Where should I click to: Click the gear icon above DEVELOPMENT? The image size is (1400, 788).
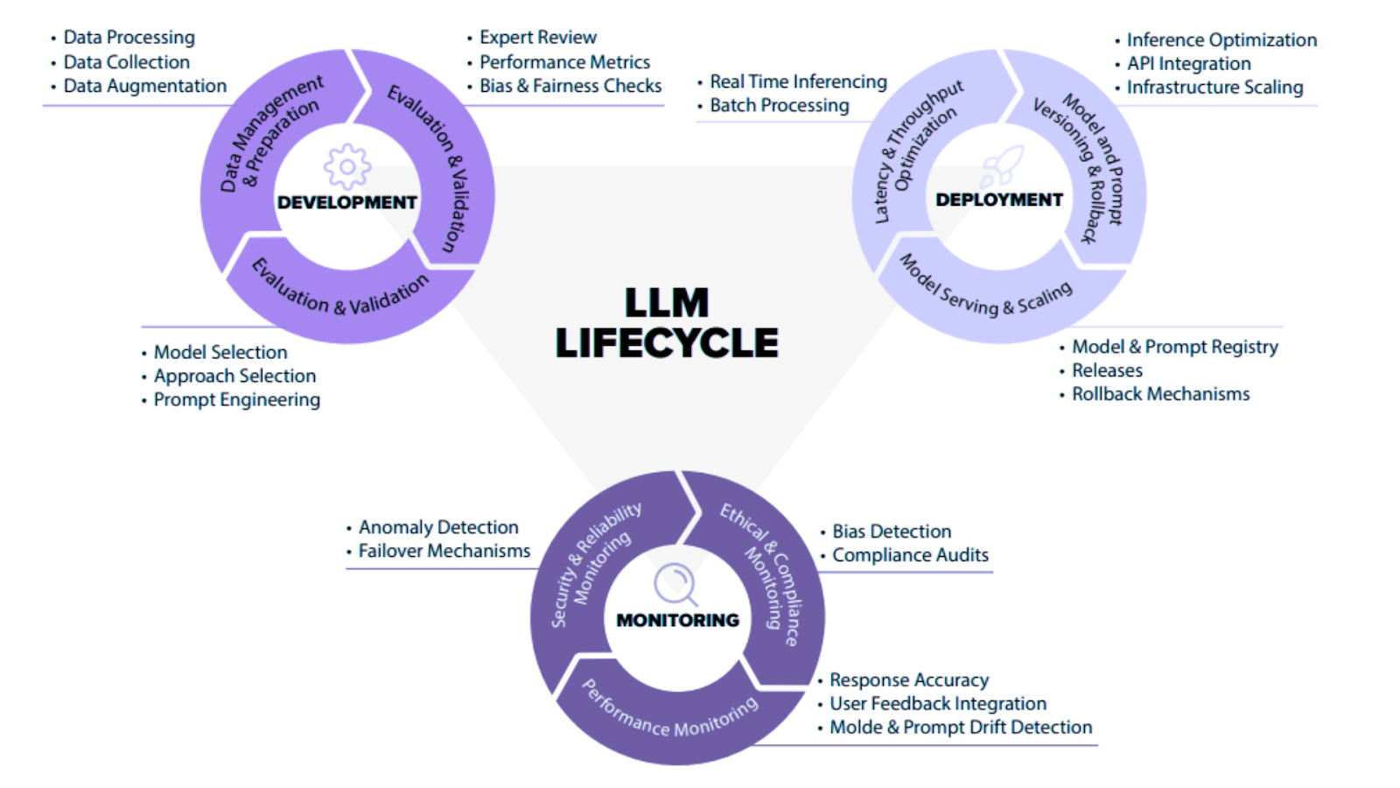pyautogui.click(x=347, y=166)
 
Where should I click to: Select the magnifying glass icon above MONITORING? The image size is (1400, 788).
pyautogui.click(x=675, y=584)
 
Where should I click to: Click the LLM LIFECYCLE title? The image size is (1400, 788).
pyautogui.click(x=667, y=323)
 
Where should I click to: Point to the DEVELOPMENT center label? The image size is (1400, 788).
pyautogui.click(x=347, y=202)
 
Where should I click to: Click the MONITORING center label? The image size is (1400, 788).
pyautogui.click(x=678, y=620)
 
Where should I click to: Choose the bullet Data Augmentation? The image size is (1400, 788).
pyautogui.click(x=144, y=86)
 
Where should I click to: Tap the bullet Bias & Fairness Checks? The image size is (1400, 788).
pyautogui.click(x=570, y=86)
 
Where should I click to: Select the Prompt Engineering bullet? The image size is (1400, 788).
pyautogui.click(x=236, y=399)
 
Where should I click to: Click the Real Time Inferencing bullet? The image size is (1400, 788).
pyautogui.click(x=798, y=81)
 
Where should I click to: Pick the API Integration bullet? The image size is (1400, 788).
pyautogui.click(x=1188, y=63)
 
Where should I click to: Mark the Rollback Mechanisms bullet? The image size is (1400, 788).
pyautogui.click(x=1160, y=394)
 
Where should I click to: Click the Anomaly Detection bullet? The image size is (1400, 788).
pyautogui.click(x=438, y=527)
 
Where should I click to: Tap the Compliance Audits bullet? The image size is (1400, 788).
pyautogui.click(x=910, y=555)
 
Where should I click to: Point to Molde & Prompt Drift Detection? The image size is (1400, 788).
pyautogui.click(x=961, y=727)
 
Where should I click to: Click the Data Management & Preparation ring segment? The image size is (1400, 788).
pyautogui.click(x=262, y=140)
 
